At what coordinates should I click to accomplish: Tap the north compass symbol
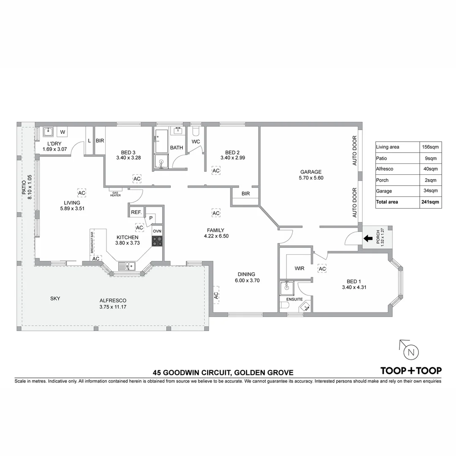[x=410, y=352]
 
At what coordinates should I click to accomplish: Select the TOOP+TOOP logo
[x=411, y=371]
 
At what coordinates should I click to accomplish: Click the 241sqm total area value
[x=430, y=202]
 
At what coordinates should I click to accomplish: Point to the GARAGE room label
[x=311, y=172]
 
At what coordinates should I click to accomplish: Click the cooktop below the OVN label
[x=157, y=241]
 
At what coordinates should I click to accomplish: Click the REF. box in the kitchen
[x=136, y=212]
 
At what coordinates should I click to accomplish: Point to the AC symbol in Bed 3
[x=137, y=179]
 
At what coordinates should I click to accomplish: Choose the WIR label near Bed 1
[x=299, y=269]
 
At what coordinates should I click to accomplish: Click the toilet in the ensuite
[x=285, y=305]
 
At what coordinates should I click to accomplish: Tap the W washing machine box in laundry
[x=62, y=132]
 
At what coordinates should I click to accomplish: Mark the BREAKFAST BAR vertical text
[x=92, y=242]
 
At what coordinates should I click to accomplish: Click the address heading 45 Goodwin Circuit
[x=223, y=373]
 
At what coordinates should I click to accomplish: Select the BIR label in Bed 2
[x=245, y=194]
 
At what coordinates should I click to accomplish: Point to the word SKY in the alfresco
[x=55, y=299]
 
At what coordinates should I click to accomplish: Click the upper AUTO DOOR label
[x=355, y=150]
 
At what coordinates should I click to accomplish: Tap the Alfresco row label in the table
[x=385, y=169]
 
